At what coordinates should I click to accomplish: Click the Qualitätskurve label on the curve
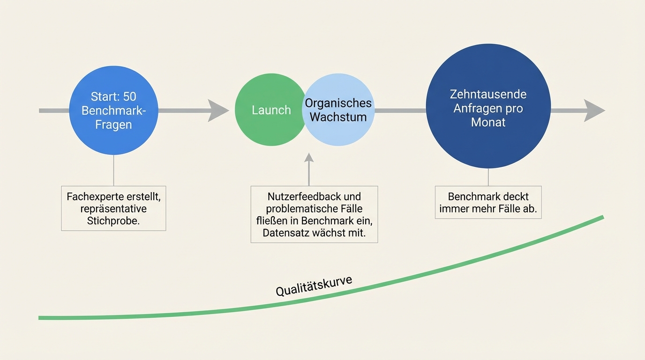314,286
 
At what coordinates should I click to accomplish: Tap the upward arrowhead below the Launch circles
308,158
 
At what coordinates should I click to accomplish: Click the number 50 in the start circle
129,97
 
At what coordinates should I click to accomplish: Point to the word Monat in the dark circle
488,122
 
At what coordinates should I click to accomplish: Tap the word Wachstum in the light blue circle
338,117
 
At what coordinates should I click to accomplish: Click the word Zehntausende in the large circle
488,94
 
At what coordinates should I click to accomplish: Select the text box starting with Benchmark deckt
488,202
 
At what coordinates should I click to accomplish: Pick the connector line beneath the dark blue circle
488,177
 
